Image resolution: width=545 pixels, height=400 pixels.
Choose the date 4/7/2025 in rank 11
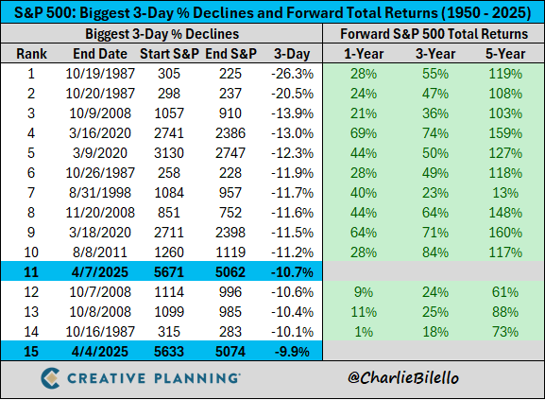pyautogui.click(x=93, y=271)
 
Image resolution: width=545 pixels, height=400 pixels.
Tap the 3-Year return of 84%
pyautogui.click(x=432, y=251)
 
